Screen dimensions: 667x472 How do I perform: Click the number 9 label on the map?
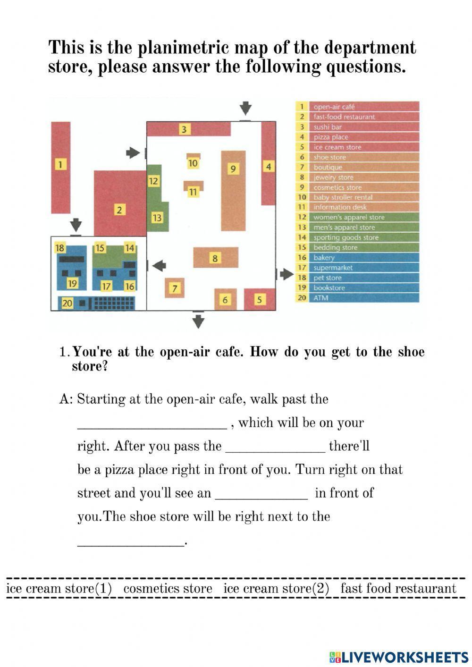click(x=233, y=169)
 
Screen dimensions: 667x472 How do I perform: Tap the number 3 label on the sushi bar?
click(x=184, y=129)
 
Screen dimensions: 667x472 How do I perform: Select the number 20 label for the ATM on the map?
click(x=67, y=303)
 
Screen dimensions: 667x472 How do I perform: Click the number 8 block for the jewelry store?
click(x=215, y=258)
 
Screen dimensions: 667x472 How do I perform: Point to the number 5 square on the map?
click(x=259, y=299)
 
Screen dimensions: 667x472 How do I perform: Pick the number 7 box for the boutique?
click(x=175, y=288)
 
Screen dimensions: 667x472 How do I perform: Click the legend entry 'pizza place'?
click(x=331, y=137)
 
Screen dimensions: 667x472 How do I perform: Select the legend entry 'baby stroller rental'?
click(x=343, y=197)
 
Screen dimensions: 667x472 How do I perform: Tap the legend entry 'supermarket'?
click(x=333, y=268)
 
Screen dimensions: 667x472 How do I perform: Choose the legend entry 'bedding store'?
click(x=335, y=247)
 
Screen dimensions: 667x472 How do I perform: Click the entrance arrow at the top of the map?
click(x=245, y=108)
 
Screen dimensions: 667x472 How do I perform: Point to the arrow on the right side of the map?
click(x=286, y=274)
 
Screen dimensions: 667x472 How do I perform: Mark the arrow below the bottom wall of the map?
click(x=199, y=321)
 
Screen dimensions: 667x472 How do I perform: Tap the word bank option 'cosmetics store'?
click(x=168, y=589)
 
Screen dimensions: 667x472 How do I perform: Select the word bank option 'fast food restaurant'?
click(x=398, y=589)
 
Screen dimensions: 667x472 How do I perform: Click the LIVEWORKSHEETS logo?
click(x=398, y=657)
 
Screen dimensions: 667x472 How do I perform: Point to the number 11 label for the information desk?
click(x=193, y=192)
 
